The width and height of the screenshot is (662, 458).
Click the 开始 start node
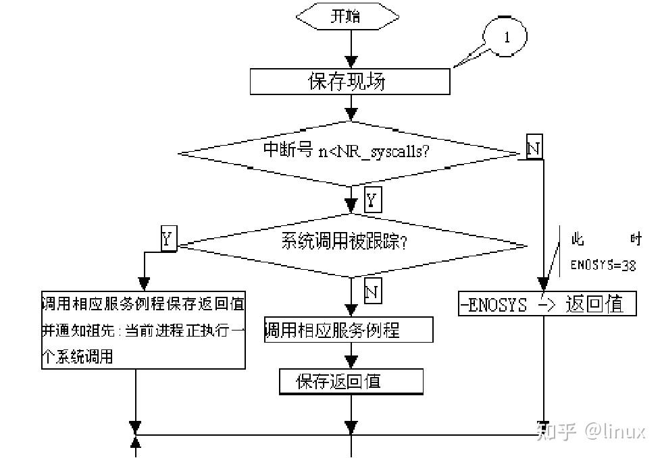tap(345, 16)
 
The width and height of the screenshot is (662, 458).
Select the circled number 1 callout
tap(507, 38)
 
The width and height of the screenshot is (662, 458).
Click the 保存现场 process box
tap(349, 82)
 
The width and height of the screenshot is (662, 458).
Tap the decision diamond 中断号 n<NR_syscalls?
tap(350, 152)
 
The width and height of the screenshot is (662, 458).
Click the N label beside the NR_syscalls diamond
tap(534, 148)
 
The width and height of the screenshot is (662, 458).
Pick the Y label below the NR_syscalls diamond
tap(372, 200)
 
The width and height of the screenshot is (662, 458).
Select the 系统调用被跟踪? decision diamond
tap(350, 243)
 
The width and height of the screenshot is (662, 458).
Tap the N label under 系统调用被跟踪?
tap(372, 291)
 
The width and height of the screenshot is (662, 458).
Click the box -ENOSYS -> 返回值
tap(547, 304)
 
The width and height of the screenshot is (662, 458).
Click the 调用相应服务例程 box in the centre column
tap(348, 330)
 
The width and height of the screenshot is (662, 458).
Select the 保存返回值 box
tap(351, 381)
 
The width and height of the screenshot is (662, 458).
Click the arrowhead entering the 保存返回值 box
tap(351, 361)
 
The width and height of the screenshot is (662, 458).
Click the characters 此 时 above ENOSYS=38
tap(605, 239)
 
